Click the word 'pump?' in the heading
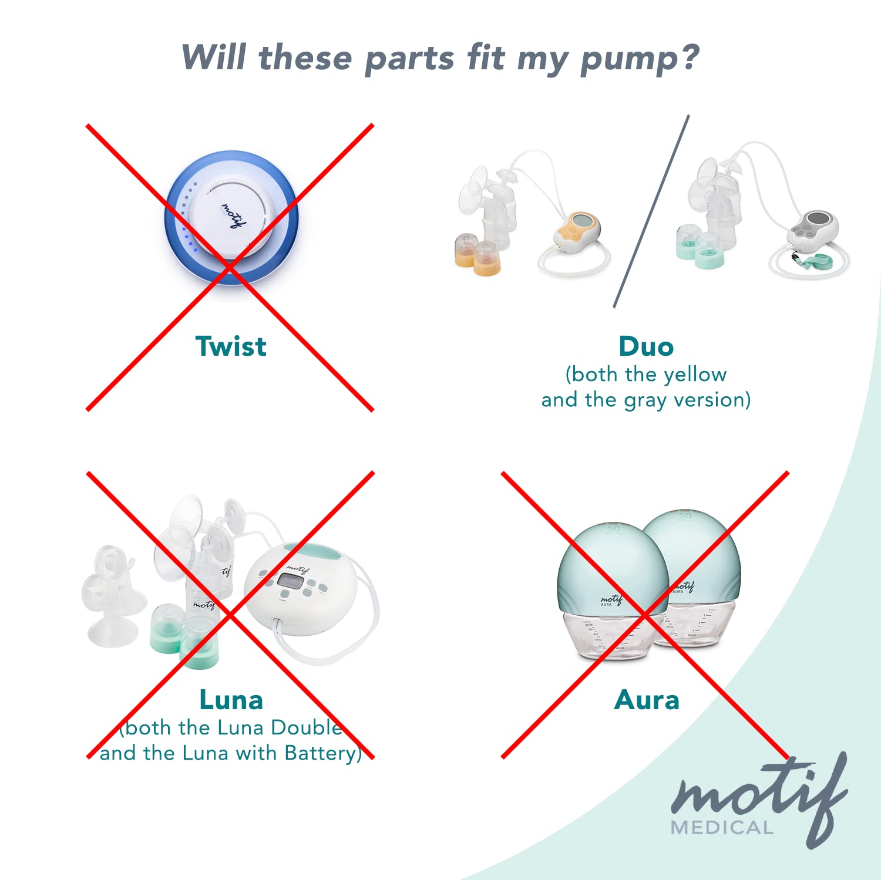[x=640, y=59]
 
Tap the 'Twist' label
[x=231, y=346]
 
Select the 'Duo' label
[x=645, y=346]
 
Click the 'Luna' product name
[x=231, y=700]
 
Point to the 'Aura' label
[x=646, y=700]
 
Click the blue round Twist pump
[x=231, y=217]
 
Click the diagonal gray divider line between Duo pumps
[x=651, y=211]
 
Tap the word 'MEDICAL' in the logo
[x=722, y=828]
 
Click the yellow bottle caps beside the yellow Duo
[x=478, y=256]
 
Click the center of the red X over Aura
[x=645, y=615]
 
